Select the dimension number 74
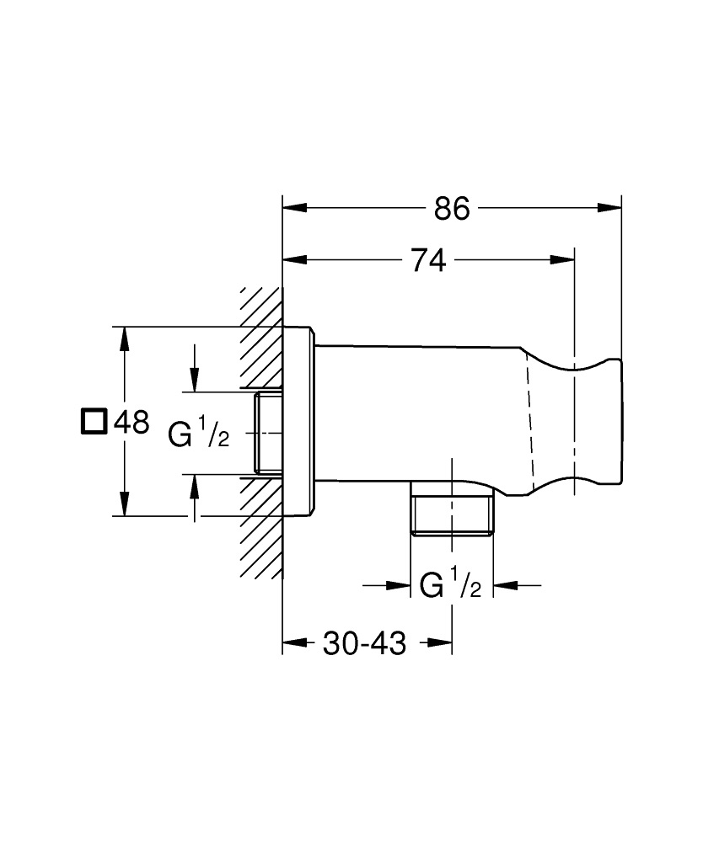428,261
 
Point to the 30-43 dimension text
364,644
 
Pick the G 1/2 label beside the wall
198,434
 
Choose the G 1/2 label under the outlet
450,584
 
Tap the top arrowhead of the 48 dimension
125,338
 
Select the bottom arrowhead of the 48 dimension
125,505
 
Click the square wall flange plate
299,421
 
